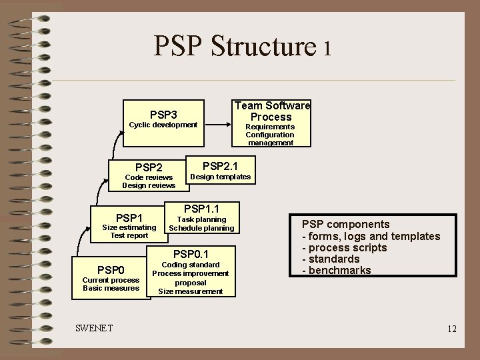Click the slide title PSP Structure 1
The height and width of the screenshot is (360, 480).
coord(242,47)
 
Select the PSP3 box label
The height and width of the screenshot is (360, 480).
coord(163,115)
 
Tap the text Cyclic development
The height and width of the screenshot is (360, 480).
coord(163,125)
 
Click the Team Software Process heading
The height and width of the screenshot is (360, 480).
coord(272,111)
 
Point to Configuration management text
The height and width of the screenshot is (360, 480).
coord(270,139)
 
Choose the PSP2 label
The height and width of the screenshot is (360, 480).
coord(149,167)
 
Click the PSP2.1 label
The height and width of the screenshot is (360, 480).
coord(220,165)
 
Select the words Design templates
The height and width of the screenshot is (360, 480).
coord(221,177)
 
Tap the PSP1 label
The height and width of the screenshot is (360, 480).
coord(129,218)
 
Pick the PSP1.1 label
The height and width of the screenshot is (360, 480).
coord(201,209)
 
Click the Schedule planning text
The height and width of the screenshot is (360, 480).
coord(201,228)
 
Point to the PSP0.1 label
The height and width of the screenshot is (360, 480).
coord(191,254)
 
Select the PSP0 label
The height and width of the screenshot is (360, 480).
coord(111,270)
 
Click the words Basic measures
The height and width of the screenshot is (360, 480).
coord(111,288)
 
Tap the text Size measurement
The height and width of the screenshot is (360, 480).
coord(191,291)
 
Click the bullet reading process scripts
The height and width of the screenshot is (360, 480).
coord(344,247)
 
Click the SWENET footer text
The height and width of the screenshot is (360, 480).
coord(94,328)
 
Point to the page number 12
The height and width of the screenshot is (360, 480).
coord(452,329)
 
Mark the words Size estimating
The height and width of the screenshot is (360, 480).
coord(129,227)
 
